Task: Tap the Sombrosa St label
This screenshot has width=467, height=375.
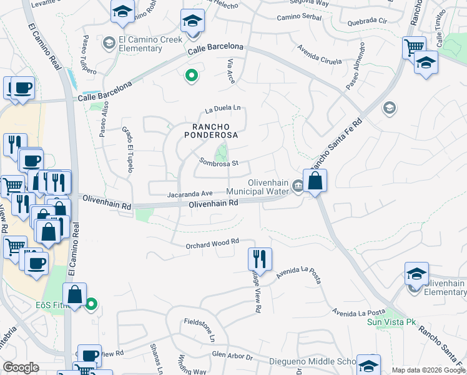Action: coord(219,162)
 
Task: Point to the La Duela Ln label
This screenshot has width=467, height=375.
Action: coord(222,107)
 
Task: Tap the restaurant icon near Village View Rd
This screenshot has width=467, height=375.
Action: coord(260,259)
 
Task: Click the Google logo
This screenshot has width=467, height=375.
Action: coord(21,367)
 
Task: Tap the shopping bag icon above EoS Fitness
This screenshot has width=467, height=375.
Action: coord(74,295)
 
